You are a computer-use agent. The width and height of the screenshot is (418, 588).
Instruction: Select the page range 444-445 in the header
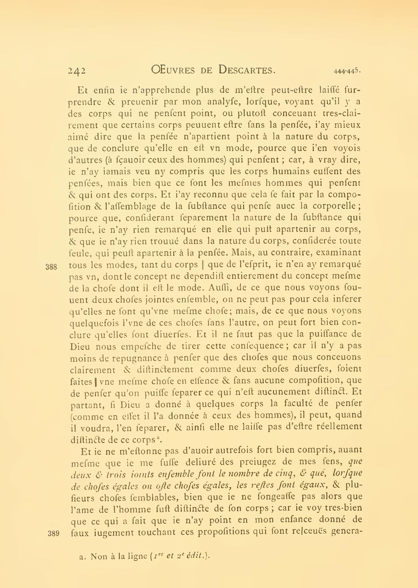pyautogui.click(x=347, y=71)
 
